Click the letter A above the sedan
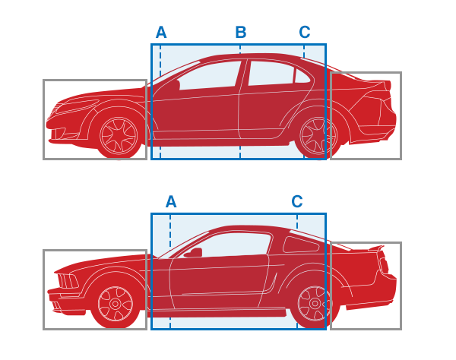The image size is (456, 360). click(161, 32)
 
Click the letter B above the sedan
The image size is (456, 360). click(241, 32)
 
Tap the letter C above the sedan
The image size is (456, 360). click(305, 32)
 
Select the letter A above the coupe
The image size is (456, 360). click(171, 201)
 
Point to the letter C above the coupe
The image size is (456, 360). click(297, 201)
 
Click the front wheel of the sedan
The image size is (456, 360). click(119, 136)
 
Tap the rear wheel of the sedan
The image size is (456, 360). click(318, 136)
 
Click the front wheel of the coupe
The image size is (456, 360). click(116, 304)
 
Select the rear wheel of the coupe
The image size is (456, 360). click(315, 304)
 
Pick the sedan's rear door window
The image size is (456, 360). click(271, 74)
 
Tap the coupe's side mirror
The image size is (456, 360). click(193, 252)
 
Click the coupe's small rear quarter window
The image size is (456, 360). click(301, 245)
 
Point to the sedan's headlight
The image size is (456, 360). click(77, 106)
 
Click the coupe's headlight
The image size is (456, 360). click(68, 281)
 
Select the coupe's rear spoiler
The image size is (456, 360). click(376, 248)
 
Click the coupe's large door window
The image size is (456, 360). click(230, 245)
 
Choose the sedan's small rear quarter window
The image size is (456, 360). click(302, 76)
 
